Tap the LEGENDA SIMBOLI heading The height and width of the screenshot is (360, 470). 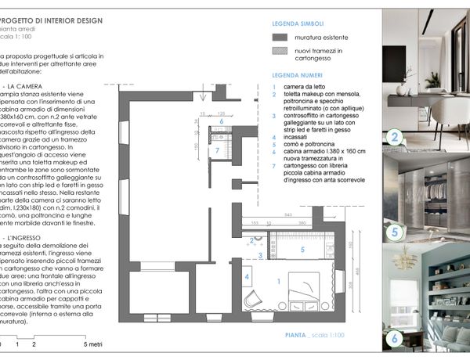[296, 24]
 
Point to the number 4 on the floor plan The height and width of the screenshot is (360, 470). [248, 276]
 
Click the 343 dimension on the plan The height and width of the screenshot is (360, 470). [290, 213]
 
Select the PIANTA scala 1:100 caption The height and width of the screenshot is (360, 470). [314, 335]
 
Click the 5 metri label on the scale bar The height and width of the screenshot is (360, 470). [94, 344]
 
